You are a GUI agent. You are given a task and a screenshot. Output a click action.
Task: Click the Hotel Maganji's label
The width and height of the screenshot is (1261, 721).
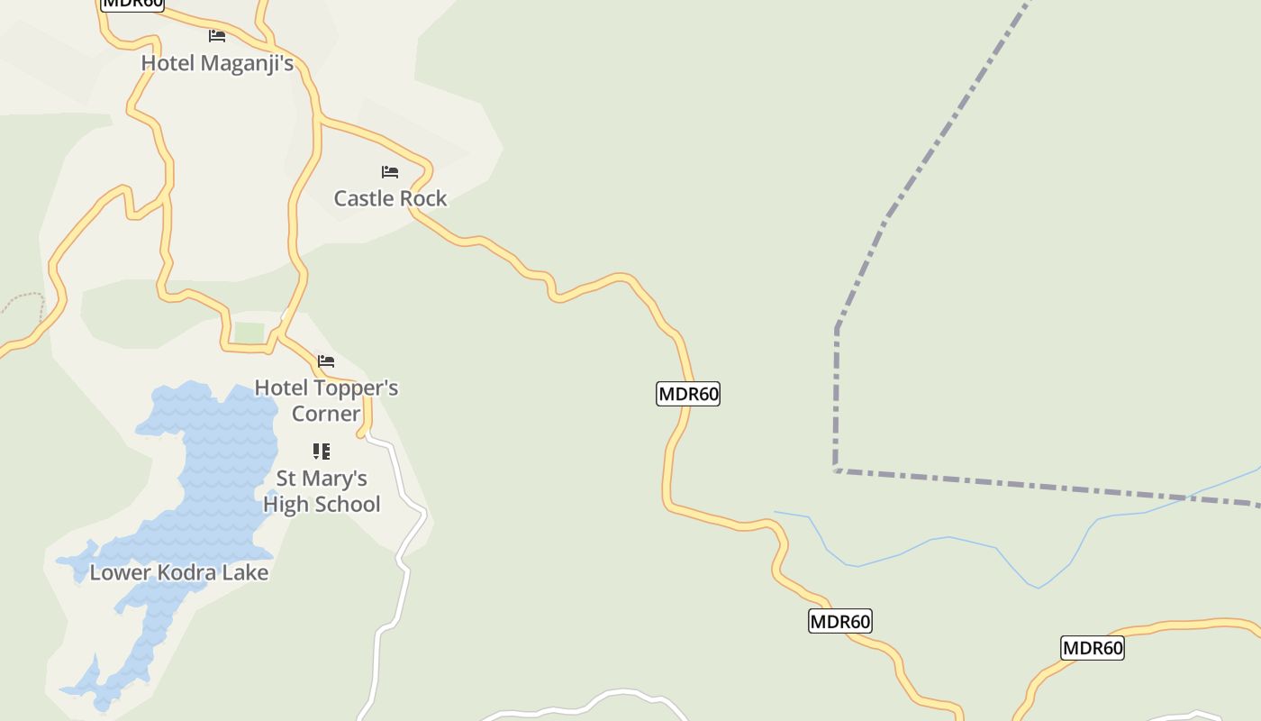(217, 63)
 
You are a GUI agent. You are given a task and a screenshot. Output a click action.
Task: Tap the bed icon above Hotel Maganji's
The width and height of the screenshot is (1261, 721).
(217, 36)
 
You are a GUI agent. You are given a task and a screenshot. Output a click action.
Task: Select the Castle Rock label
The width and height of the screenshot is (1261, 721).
(390, 198)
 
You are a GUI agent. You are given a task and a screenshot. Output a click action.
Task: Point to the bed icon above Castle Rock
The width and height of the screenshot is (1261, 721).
(390, 171)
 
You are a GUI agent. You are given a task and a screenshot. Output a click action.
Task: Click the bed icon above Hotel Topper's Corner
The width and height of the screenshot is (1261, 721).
(326, 361)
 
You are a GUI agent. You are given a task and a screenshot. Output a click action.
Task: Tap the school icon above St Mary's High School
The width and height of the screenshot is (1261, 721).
(322, 451)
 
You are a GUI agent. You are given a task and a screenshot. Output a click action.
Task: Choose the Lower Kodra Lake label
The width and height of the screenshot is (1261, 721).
(179, 572)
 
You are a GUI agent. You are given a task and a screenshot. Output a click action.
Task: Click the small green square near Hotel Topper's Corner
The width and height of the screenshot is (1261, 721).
(249, 333)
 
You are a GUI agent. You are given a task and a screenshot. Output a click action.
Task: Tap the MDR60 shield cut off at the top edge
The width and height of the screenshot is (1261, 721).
(132, 4)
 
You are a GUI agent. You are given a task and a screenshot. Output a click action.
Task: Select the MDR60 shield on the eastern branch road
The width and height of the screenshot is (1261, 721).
(1092, 648)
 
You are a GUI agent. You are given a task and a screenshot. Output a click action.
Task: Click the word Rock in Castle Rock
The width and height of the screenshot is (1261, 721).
(423, 198)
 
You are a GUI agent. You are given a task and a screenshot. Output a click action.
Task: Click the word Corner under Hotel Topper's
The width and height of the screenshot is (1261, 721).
(326, 414)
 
